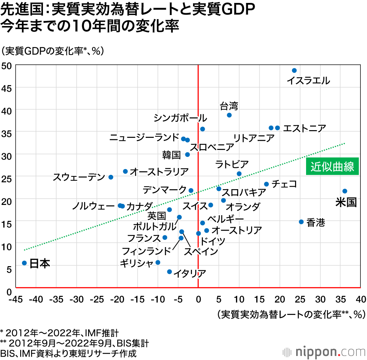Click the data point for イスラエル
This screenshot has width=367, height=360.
point(294,70)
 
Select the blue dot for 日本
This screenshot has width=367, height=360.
point(24,263)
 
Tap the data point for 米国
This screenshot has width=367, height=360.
point(345,191)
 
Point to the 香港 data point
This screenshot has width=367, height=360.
point(301,222)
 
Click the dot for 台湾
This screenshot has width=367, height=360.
point(229,115)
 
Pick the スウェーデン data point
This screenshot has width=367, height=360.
point(111,177)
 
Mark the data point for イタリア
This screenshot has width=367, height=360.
point(169,272)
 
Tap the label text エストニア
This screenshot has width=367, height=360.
point(305,128)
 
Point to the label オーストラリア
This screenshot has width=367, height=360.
point(159,171)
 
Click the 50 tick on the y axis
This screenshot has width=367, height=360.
point(8,66)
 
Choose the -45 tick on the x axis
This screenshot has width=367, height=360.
point(16,300)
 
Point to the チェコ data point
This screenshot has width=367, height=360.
point(266,184)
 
